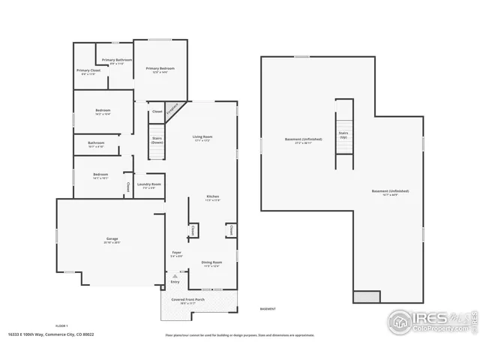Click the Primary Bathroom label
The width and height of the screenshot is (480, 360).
point(117,59)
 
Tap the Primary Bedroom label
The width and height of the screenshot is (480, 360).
point(159,68)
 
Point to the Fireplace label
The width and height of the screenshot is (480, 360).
point(172,109)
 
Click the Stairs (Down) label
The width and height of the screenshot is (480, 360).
point(157,139)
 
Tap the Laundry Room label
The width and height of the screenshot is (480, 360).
point(149,184)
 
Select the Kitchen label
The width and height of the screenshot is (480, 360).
point(213,197)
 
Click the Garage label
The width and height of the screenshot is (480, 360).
point(111,239)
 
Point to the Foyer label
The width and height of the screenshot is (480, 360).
point(177,253)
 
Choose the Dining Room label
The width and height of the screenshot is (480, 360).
point(211,262)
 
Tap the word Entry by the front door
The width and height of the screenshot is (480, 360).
point(175,281)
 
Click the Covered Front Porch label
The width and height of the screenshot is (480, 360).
point(199,300)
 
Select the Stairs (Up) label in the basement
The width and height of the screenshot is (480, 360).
point(343,136)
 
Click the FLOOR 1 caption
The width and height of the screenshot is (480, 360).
point(61,325)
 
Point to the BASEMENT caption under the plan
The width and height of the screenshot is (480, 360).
point(268,309)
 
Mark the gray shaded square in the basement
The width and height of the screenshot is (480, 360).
point(367,297)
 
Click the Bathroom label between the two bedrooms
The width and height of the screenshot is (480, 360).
point(96,143)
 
